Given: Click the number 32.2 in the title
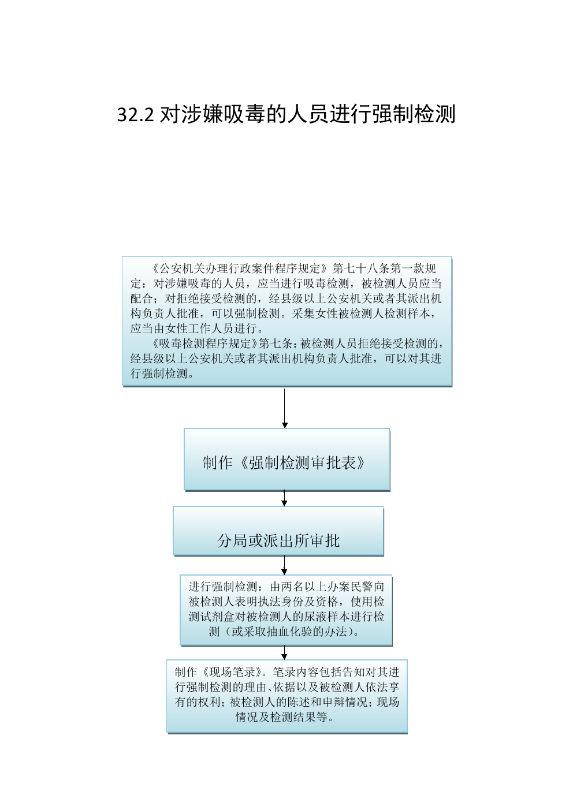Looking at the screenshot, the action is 136,115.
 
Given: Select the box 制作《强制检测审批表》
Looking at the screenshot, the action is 287,459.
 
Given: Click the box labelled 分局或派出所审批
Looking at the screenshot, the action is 278,531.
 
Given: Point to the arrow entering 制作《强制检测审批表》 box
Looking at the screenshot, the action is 285,408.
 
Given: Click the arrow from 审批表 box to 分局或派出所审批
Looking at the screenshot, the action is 284,498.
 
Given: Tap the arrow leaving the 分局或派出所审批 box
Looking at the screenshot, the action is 284,565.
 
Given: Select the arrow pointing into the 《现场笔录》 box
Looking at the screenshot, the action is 284,652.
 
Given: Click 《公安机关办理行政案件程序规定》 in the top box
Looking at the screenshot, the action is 240,268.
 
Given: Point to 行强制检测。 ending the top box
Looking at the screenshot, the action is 162,374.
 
